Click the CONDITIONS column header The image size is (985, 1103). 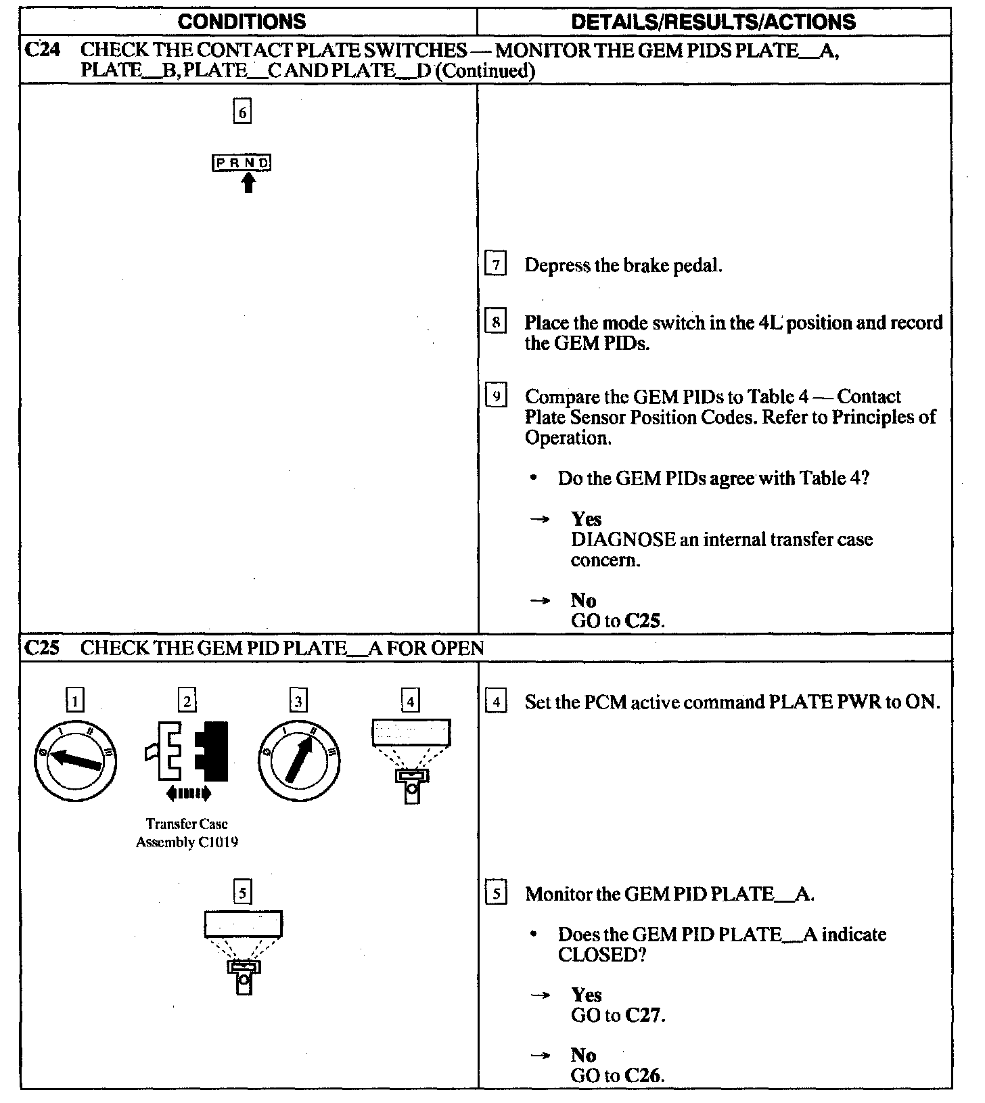click(242, 22)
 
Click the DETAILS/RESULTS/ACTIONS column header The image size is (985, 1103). click(713, 22)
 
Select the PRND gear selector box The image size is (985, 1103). click(242, 162)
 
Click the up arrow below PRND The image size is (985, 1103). click(249, 182)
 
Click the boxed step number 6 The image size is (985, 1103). click(242, 111)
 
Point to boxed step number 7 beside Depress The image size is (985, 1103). click(496, 265)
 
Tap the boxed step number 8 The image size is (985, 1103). click(496, 322)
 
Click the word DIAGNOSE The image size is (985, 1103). click(623, 540)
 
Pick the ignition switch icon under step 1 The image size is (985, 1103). click(76, 761)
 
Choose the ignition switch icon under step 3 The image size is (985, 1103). click(298, 761)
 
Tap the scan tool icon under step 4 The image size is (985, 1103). click(411, 759)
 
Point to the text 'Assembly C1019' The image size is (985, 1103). click(187, 842)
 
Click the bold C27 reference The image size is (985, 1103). click(644, 1015)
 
